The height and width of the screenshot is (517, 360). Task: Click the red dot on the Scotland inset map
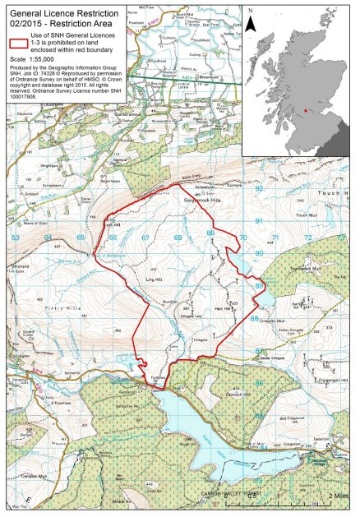coord(307,108)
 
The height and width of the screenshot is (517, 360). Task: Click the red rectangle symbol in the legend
coord(15,44)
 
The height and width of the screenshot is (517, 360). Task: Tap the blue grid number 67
coord(144,238)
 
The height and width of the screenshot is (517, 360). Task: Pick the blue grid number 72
coord(307,238)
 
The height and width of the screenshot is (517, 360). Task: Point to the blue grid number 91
coord(258,222)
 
